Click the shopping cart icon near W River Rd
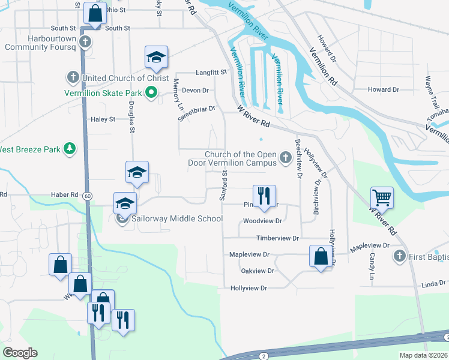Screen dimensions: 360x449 pyautogui.click(x=382, y=197)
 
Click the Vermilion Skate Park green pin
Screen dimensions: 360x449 pyautogui.click(x=151, y=93)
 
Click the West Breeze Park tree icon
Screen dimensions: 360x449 pyautogui.click(x=70, y=148)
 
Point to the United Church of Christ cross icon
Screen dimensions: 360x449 pyautogui.click(x=73, y=77)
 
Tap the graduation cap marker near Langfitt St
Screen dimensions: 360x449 pyautogui.click(x=156, y=57)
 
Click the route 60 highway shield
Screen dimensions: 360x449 pyautogui.click(x=88, y=196)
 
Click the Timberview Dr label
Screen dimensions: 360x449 pyautogui.click(x=277, y=238)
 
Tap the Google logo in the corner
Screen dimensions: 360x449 pyautogui.click(x=20, y=353)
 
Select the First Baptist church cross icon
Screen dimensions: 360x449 pyautogui.click(x=400, y=256)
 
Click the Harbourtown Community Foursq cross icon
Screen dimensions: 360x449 pyautogui.click(x=85, y=42)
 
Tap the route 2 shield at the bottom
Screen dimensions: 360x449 pyautogui.click(x=264, y=356)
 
